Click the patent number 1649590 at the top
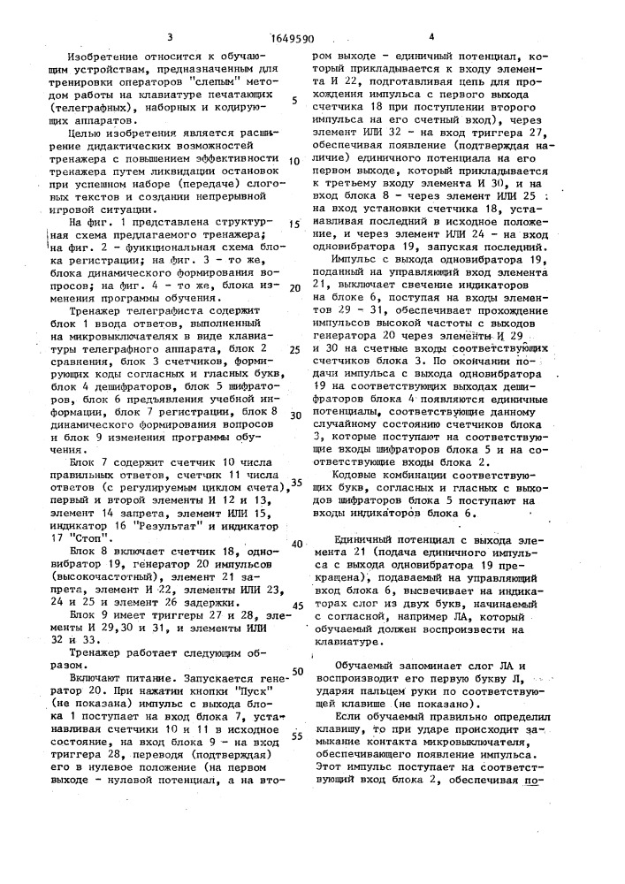pos(292,38)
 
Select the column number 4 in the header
pos(431,36)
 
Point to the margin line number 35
pos(297,482)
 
